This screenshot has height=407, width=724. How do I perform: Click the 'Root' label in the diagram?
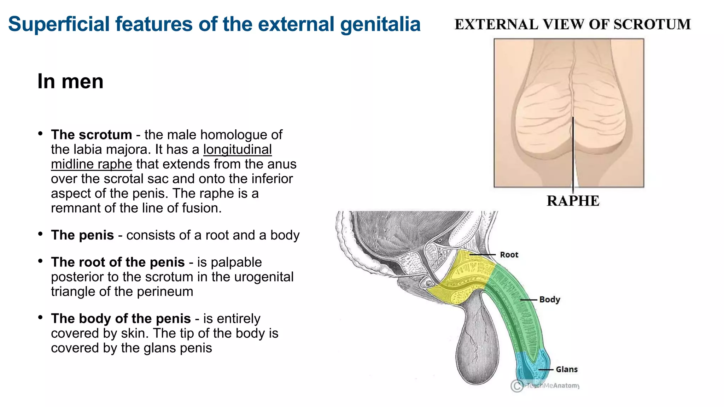509,255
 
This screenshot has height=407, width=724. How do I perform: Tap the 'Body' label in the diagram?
549,300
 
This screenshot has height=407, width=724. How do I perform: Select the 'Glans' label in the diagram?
566,370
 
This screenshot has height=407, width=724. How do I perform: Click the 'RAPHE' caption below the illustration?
573,201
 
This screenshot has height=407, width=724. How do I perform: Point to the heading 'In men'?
70,81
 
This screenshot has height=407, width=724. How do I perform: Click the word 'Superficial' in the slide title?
59,24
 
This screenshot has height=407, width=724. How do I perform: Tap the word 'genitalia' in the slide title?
380,24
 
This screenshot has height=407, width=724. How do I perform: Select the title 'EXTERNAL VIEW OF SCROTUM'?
572,24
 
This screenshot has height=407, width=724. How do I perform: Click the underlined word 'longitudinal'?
237,149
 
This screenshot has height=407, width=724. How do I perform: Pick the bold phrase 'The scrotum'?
92,135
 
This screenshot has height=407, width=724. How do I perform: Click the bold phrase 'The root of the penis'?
118,262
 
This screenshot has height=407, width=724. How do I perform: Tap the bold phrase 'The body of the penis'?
121,319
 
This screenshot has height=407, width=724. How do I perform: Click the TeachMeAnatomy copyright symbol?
517,386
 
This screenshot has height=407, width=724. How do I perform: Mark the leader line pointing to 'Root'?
483,255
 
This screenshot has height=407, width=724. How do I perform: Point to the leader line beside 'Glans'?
546,370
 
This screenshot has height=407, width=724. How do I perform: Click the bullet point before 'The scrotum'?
41,134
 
